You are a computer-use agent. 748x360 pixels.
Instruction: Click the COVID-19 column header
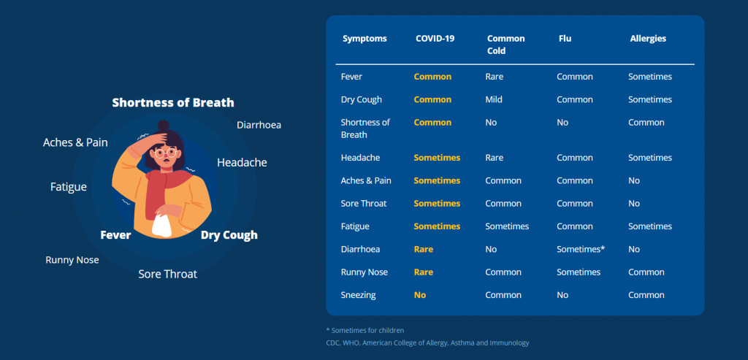pyautogui.click(x=435, y=39)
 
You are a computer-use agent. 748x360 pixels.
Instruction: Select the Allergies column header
pyautogui.click(x=648, y=39)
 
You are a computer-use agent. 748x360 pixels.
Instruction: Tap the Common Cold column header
pyautogui.click(x=505, y=45)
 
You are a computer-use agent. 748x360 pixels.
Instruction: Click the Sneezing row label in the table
pyautogui.click(x=358, y=295)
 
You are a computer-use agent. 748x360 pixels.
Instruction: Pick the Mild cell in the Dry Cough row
pyautogui.click(x=494, y=99)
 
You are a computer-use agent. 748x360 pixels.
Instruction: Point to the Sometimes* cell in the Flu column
pyautogui.click(x=581, y=250)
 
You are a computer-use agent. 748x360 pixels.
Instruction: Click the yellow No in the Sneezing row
pyautogui.click(x=420, y=295)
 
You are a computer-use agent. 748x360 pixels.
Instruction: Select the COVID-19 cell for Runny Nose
pyautogui.click(x=424, y=272)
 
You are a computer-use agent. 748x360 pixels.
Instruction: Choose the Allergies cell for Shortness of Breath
pyautogui.click(x=646, y=123)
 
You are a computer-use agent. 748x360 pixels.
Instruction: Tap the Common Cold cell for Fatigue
pyautogui.click(x=507, y=226)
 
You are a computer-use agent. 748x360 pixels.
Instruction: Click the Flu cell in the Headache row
pyautogui.click(x=575, y=158)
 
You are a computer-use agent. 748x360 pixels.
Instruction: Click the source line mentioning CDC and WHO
pyautogui.click(x=427, y=342)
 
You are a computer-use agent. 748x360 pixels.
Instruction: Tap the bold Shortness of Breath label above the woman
pyautogui.click(x=173, y=102)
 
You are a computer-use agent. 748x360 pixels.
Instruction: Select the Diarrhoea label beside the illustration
pyautogui.click(x=259, y=125)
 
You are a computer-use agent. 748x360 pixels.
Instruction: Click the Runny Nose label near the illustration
pyautogui.click(x=72, y=260)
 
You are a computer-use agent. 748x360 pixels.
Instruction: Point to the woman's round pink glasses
pyautogui.click(x=165, y=153)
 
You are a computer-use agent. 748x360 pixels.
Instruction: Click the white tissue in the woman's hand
pyautogui.click(x=161, y=225)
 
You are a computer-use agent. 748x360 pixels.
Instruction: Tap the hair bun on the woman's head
pyautogui.click(x=164, y=125)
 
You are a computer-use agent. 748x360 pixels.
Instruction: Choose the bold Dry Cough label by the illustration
pyautogui.click(x=229, y=235)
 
